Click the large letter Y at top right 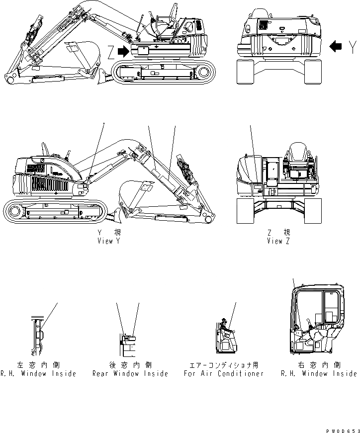(352, 47)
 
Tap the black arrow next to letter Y (336, 47)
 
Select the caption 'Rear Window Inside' (130, 373)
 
